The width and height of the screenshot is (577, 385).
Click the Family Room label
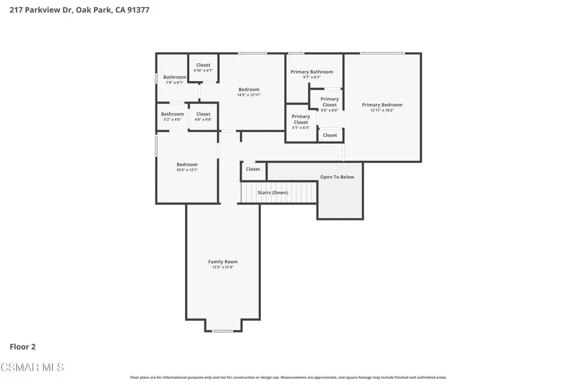(x=223, y=262)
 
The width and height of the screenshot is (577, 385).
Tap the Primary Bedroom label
(x=382, y=105)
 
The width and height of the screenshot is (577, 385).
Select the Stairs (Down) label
(x=273, y=193)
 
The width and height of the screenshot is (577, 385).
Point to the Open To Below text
(x=337, y=177)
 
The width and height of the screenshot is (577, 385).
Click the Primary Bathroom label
(x=312, y=72)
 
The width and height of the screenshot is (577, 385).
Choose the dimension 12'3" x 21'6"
(x=223, y=267)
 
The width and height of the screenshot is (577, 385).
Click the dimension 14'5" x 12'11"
(x=248, y=95)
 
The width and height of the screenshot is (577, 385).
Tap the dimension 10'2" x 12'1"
(x=187, y=170)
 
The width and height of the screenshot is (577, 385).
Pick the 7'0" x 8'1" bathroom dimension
(x=175, y=82)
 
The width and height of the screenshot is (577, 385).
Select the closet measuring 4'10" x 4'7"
(x=203, y=68)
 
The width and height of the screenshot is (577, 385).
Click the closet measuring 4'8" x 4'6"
(x=203, y=117)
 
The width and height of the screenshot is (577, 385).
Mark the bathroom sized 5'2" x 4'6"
(x=172, y=117)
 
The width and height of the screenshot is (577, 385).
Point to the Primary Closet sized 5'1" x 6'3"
(x=301, y=122)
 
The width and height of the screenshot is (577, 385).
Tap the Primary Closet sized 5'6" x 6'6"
(x=329, y=104)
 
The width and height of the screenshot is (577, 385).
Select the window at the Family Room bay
(x=223, y=331)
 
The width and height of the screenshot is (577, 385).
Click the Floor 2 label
(x=23, y=347)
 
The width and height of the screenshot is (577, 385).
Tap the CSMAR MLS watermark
(x=32, y=368)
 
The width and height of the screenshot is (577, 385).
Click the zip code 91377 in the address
(x=139, y=10)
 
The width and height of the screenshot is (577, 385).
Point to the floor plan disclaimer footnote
(x=288, y=377)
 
